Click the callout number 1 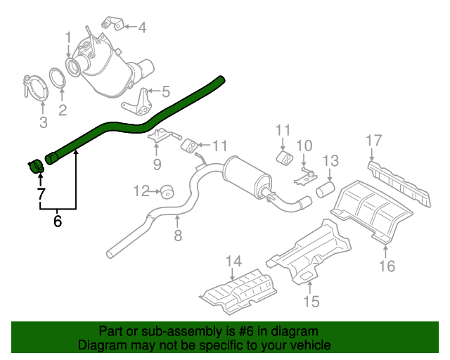pyautogui.click(x=68, y=37)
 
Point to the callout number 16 pyautogui.click(x=387, y=265)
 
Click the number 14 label pyautogui.click(x=233, y=263)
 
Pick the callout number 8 pyautogui.click(x=178, y=236)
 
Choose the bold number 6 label pyautogui.click(x=58, y=221)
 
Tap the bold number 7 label pyautogui.click(x=41, y=193)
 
